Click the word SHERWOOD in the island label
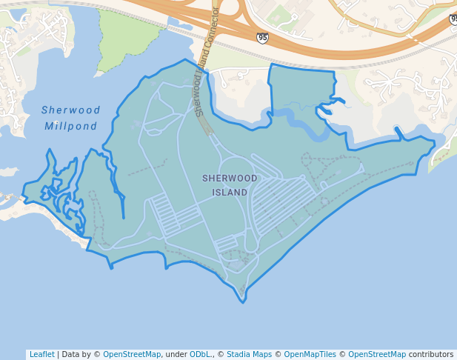tap(230, 179)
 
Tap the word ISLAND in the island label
tap(230, 193)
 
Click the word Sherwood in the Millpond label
tap(71, 110)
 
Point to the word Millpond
tap(71, 126)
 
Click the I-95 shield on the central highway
tap(263, 37)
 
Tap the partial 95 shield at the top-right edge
tap(453, 19)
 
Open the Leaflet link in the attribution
tap(41, 354)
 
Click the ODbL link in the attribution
tap(200, 354)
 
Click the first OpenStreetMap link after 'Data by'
tap(132, 354)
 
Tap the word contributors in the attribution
tap(430, 354)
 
